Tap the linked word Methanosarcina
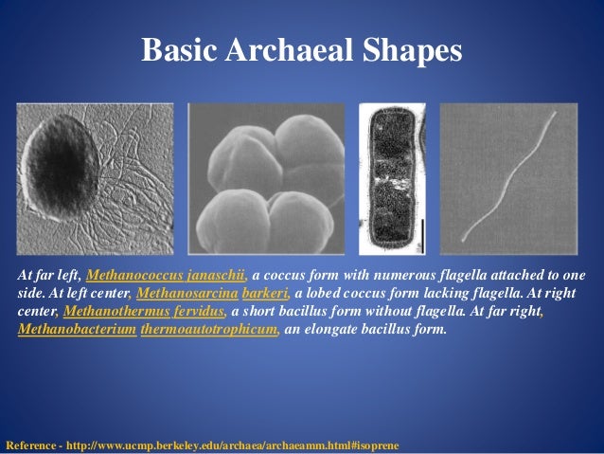(188, 293)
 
